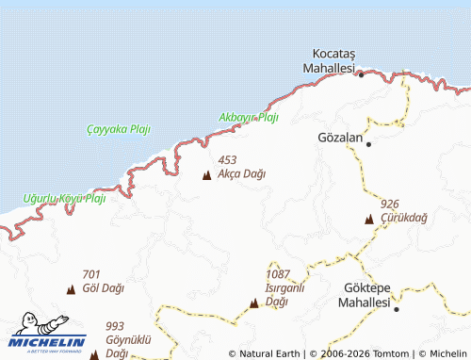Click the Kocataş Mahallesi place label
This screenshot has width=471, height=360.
328,62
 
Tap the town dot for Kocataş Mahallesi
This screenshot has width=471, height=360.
361,74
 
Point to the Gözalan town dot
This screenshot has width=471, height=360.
368,144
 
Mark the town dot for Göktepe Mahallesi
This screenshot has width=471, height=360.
397,308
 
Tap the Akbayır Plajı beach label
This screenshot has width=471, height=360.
249,118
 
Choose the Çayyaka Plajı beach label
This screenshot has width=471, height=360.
118,128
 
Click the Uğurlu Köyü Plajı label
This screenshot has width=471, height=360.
64,199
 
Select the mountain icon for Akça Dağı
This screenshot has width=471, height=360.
207,174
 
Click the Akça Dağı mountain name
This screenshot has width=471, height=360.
241,174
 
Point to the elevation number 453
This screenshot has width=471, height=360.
227,160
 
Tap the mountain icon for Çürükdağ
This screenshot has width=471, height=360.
369,219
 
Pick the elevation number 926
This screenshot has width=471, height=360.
390,204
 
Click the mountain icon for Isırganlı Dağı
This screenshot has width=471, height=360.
254,303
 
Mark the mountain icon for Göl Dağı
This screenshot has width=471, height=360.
71,288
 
